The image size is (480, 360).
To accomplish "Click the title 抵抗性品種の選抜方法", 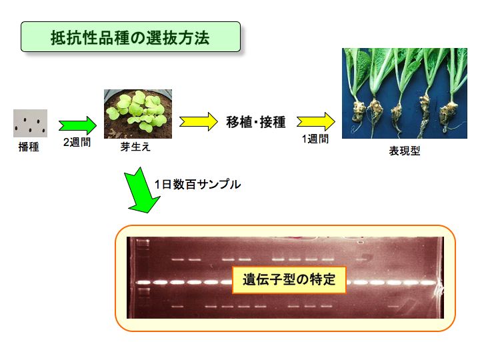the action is click(130, 38).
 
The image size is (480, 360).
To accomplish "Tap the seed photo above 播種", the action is click(30, 123).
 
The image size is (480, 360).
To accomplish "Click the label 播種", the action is click(29, 147).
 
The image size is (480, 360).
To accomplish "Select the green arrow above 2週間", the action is click(78, 125).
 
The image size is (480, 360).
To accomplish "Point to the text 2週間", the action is click(77, 142).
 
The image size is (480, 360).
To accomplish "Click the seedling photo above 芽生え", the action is click(138, 114).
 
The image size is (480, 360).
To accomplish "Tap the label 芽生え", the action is click(135, 147).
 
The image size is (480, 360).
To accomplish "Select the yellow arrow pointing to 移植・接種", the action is click(199, 121).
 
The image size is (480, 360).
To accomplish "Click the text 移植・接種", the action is click(256, 122).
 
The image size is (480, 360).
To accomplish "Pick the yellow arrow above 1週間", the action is click(316, 121).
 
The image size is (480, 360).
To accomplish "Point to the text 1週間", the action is click(315, 139).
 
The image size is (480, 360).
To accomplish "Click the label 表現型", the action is click(405, 151).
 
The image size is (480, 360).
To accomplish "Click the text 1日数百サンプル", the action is click(197, 184).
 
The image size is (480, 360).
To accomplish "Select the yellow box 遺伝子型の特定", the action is click(289, 280).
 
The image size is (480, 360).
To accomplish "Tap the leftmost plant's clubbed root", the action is click(359, 113).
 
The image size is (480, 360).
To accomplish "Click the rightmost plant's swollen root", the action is click(448, 115).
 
